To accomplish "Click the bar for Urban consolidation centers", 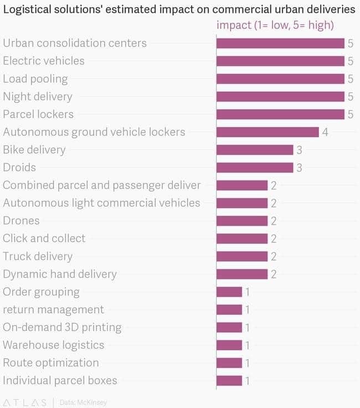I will point(280,43).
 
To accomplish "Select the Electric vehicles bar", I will point(280,61).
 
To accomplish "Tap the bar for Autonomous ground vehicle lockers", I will point(268,132).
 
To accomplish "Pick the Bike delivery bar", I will point(255,150).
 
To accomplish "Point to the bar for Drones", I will point(242,221).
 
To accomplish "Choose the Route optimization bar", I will point(229,363).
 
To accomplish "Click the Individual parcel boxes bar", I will point(229,380).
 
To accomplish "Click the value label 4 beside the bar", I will point(325,132).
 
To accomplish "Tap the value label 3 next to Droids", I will point(299,167).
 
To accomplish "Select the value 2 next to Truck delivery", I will point(274,256).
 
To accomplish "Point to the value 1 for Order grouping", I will point(248,292).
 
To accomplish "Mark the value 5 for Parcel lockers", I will point(351,114).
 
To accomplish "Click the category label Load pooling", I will point(35,79).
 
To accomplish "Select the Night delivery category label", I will point(38,96).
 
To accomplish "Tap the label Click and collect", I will point(44,238).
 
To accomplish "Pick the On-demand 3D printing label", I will point(62,327).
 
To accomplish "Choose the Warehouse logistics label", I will point(54,345).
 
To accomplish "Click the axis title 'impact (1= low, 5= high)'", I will point(275,25).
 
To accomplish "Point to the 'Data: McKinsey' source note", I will point(83,402).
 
